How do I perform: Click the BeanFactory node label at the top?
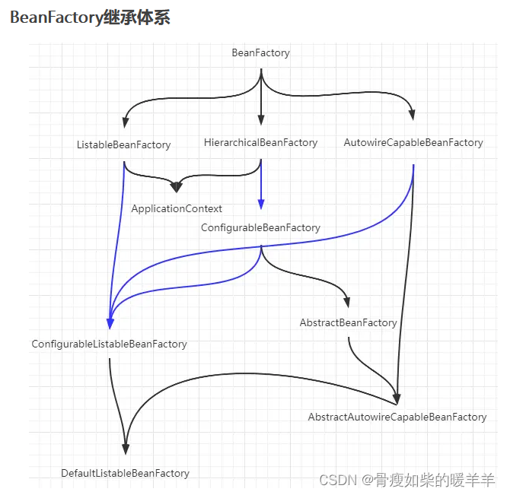coord(260,52)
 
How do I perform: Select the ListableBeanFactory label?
coord(123,144)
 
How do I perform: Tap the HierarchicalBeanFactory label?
coord(260,142)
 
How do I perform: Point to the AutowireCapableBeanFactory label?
coord(413,142)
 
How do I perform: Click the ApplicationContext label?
coord(177,208)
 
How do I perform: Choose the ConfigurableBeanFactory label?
coord(260,227)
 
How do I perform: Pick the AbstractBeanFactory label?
coord(348,322)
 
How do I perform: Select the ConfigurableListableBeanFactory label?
coord(109,344)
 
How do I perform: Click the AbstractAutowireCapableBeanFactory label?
coord(397,417)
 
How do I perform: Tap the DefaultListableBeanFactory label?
coord(125,473)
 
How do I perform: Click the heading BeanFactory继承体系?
coord(90,18)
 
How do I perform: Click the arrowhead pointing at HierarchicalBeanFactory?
coord(260,120)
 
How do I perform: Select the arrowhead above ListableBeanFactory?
coord(123,122)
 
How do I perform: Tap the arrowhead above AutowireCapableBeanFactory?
coord(413,116)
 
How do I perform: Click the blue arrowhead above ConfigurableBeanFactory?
coord(260,204)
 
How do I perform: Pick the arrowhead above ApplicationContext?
coord(177,186)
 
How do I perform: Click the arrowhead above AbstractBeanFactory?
coord(348,301)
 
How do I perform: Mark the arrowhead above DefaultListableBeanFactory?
coord(126,449)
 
